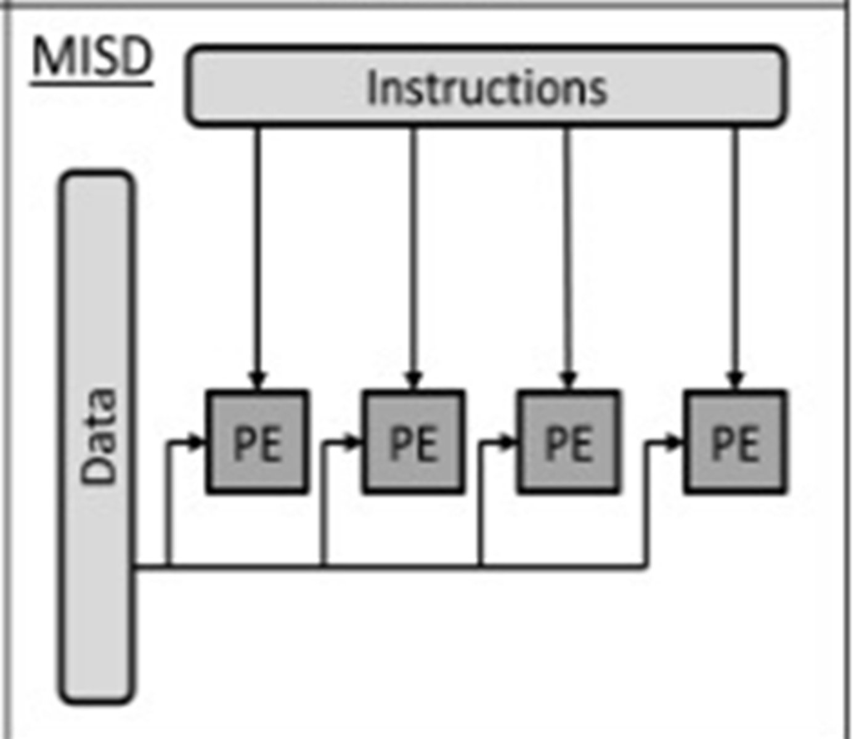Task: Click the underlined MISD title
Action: [92, 59]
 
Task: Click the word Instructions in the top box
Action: [486, 88]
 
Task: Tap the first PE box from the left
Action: [258, 442]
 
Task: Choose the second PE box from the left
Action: [413, 442]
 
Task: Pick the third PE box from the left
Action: [569, 442]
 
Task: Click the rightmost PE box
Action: [735, 442]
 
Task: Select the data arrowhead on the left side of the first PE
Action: [197, 442]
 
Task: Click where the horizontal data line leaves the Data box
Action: [137, 565]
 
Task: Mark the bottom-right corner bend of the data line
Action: [646, 565]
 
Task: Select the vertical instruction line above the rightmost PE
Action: [734, 246]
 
